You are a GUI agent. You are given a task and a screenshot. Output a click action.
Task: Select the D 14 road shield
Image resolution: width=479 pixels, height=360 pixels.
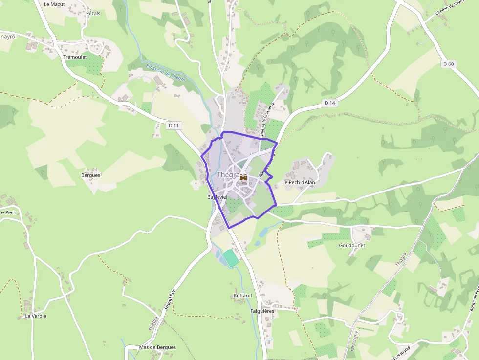(x=330, y=103)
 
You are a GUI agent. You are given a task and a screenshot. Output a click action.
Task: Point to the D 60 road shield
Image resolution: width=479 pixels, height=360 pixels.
(x=448, y=64)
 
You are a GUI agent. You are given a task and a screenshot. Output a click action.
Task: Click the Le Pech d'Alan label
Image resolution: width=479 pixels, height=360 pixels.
(x=299, y=182)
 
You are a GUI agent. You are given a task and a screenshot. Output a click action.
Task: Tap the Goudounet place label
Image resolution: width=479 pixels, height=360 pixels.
(x=352, y=245)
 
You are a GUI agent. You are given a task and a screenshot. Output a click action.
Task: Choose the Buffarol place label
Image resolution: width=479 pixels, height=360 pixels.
(x=242, y=296)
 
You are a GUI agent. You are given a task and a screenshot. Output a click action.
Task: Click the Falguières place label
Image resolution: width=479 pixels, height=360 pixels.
(x=262, y=311)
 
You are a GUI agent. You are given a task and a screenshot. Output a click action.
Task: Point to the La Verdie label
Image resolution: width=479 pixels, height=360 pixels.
(x=36, y=316)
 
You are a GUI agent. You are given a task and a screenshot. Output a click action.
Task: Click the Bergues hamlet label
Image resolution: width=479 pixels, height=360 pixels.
(x=90, y=175)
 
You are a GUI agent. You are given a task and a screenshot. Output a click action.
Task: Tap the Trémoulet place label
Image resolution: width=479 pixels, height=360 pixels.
(x=74, y=57)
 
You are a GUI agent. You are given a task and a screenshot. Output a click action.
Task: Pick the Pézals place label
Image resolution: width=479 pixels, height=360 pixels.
(x=93, y=13)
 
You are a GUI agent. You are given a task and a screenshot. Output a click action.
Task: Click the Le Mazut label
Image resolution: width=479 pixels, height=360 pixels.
(x=54, y=4)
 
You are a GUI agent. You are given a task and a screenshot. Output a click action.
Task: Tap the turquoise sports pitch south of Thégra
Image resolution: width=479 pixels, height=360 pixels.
(x=231, y=257)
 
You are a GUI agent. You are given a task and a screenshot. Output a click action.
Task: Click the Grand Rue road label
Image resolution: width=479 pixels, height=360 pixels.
(x=170, y=298)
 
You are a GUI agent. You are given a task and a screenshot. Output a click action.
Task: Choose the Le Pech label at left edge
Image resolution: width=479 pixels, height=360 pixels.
(x=8, y=212)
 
